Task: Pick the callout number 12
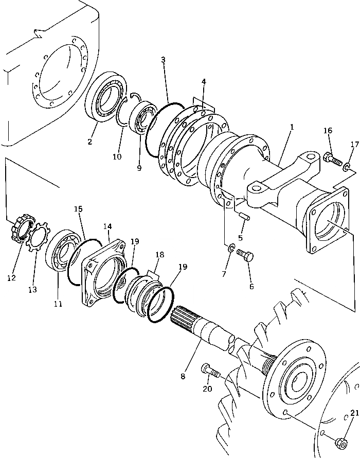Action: pyautogui.click(x=12, y=278)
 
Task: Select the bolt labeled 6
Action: pyautogui.click(x=246, y=256)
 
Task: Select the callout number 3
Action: pyautogui.click(x=163, y=60)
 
